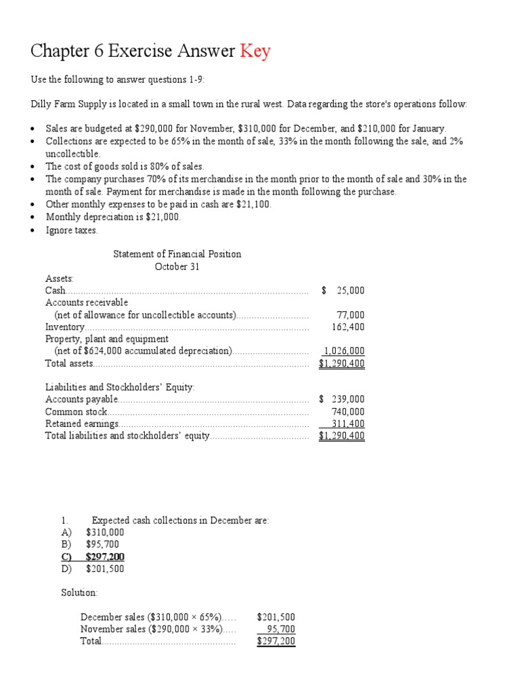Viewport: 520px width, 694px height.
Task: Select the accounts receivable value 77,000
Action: [x=350, y=315]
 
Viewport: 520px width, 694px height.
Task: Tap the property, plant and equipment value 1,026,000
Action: [x=344, y=351]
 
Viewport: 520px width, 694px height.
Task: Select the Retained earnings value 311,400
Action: [x=347, y=424]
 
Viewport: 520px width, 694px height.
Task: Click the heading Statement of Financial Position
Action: [x=177, y=254]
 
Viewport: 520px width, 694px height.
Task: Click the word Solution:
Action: [x=79, y=593]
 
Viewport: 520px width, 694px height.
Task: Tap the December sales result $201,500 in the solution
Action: [x=276, y=617]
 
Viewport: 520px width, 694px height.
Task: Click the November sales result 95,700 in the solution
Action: [x=280, y=630]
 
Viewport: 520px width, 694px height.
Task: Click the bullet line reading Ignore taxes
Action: [x=72, y=230]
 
